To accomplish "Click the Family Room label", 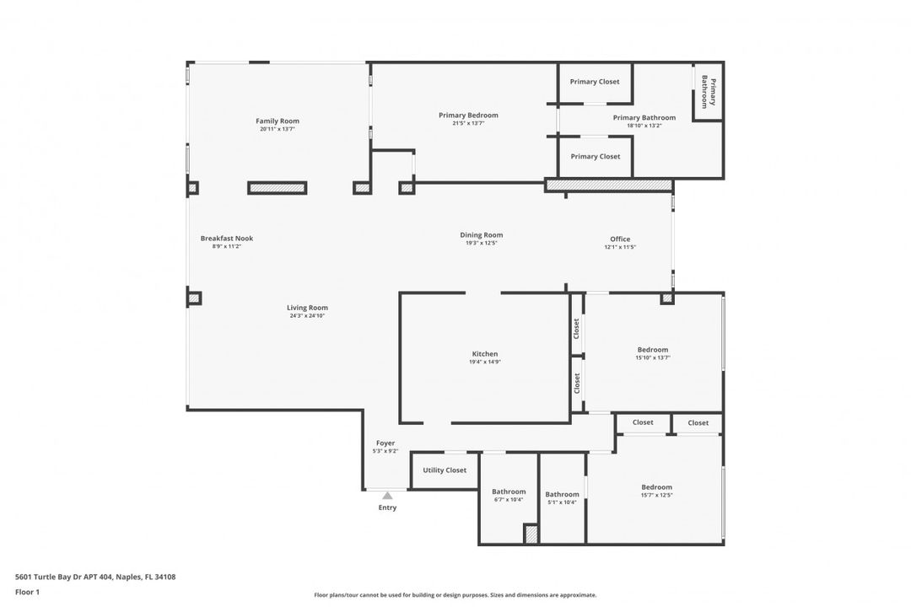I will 278,121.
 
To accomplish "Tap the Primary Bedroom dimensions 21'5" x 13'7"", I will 468,123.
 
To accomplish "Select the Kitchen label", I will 484,354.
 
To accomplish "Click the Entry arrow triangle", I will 387,496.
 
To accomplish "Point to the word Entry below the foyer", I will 387,508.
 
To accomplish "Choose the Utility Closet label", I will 445,470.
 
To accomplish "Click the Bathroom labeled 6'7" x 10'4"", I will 509,492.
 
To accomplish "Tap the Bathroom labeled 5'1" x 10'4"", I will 562,495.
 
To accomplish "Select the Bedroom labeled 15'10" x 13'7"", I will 653,350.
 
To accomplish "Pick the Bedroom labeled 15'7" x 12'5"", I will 656,487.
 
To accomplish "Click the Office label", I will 620,239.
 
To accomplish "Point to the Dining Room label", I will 482,235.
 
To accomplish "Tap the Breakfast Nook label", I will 227,239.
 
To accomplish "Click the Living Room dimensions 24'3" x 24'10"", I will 307,315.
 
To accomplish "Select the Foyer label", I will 385,443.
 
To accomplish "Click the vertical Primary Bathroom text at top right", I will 709,92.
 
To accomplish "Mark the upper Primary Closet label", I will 595,82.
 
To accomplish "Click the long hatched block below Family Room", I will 278,188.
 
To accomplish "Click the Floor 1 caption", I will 27,592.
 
